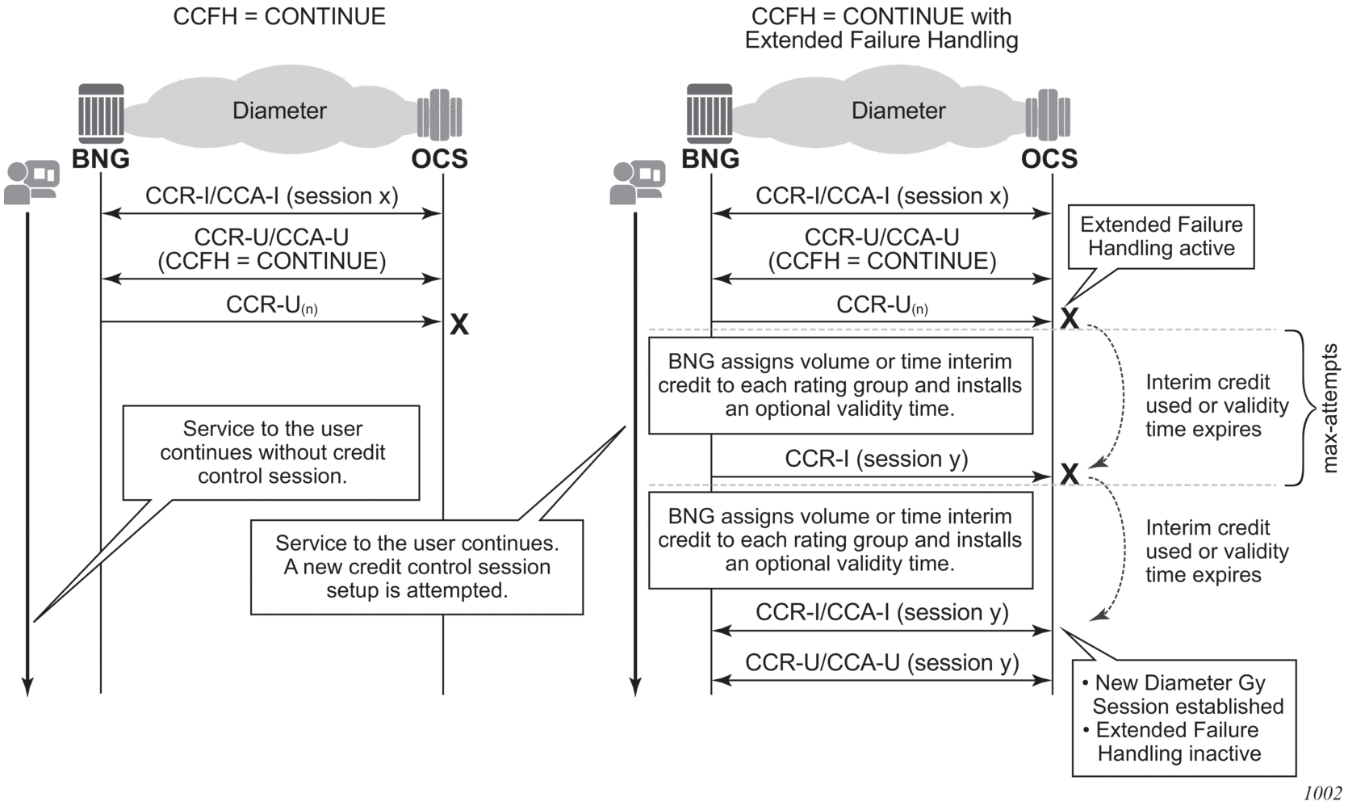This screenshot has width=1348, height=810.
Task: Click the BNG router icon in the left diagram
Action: click(x=101, y=113)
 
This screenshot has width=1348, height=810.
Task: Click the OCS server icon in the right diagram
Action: click(x=1048, y=115)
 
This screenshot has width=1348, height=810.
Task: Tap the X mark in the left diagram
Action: click(x=458, y=325)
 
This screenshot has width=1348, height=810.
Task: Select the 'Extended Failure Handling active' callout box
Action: click(x=1161, y=236)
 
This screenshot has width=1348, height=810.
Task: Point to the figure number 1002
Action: click(x=1322, y=794)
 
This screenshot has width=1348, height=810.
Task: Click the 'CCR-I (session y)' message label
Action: click(x=876, y=459)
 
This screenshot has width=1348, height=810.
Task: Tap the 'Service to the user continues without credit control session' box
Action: click(x=271, y=452)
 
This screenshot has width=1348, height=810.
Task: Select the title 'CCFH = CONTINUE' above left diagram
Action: click(x=279, y=16)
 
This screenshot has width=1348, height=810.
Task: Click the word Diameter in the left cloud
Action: click(x=279, y=111)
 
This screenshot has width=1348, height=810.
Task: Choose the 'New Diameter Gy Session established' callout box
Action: click(x=1183, y=718)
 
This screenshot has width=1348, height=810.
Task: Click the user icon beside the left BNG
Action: click(x=31, y=183)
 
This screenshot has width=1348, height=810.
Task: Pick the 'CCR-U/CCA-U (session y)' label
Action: click(x=881, y=663)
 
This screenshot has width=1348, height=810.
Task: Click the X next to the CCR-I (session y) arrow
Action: click(x=1070, y=473)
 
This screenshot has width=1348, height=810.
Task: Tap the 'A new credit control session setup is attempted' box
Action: click(x=417, y=567)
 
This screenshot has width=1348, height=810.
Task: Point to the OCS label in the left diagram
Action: click(x=439, y=159)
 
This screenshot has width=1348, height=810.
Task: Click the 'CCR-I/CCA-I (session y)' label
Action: click(x=881, y=613)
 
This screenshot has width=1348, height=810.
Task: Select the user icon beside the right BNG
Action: click(x=638, y=183)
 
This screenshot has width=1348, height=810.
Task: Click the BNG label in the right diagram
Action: click(x=710, y=159)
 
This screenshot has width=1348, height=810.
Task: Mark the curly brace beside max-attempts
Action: click(x=1299, y=408)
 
